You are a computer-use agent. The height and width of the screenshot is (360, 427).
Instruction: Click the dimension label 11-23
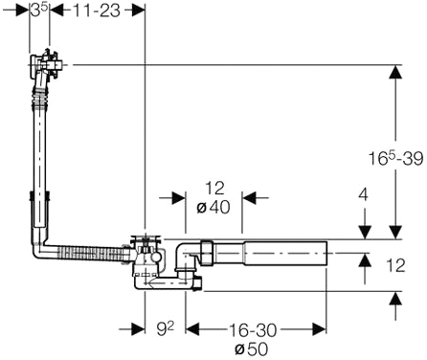click(97, 11)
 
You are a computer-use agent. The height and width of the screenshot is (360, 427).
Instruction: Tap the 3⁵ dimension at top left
click(39, 11)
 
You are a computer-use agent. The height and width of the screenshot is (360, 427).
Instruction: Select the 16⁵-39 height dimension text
click(395, 158)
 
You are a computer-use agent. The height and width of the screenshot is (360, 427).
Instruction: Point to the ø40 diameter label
click(213, 207)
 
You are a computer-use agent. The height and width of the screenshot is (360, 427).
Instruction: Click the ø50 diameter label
click(251, 349)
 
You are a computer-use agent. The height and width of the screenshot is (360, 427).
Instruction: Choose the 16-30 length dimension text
click(253, 330)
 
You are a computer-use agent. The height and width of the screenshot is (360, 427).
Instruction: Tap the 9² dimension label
click(166, 328)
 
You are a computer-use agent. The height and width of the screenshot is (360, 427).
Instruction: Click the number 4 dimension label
click(363, 194)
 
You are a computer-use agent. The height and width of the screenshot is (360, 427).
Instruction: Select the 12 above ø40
click(214, 189)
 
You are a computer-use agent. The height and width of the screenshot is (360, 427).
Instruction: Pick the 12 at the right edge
click(395, 265)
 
